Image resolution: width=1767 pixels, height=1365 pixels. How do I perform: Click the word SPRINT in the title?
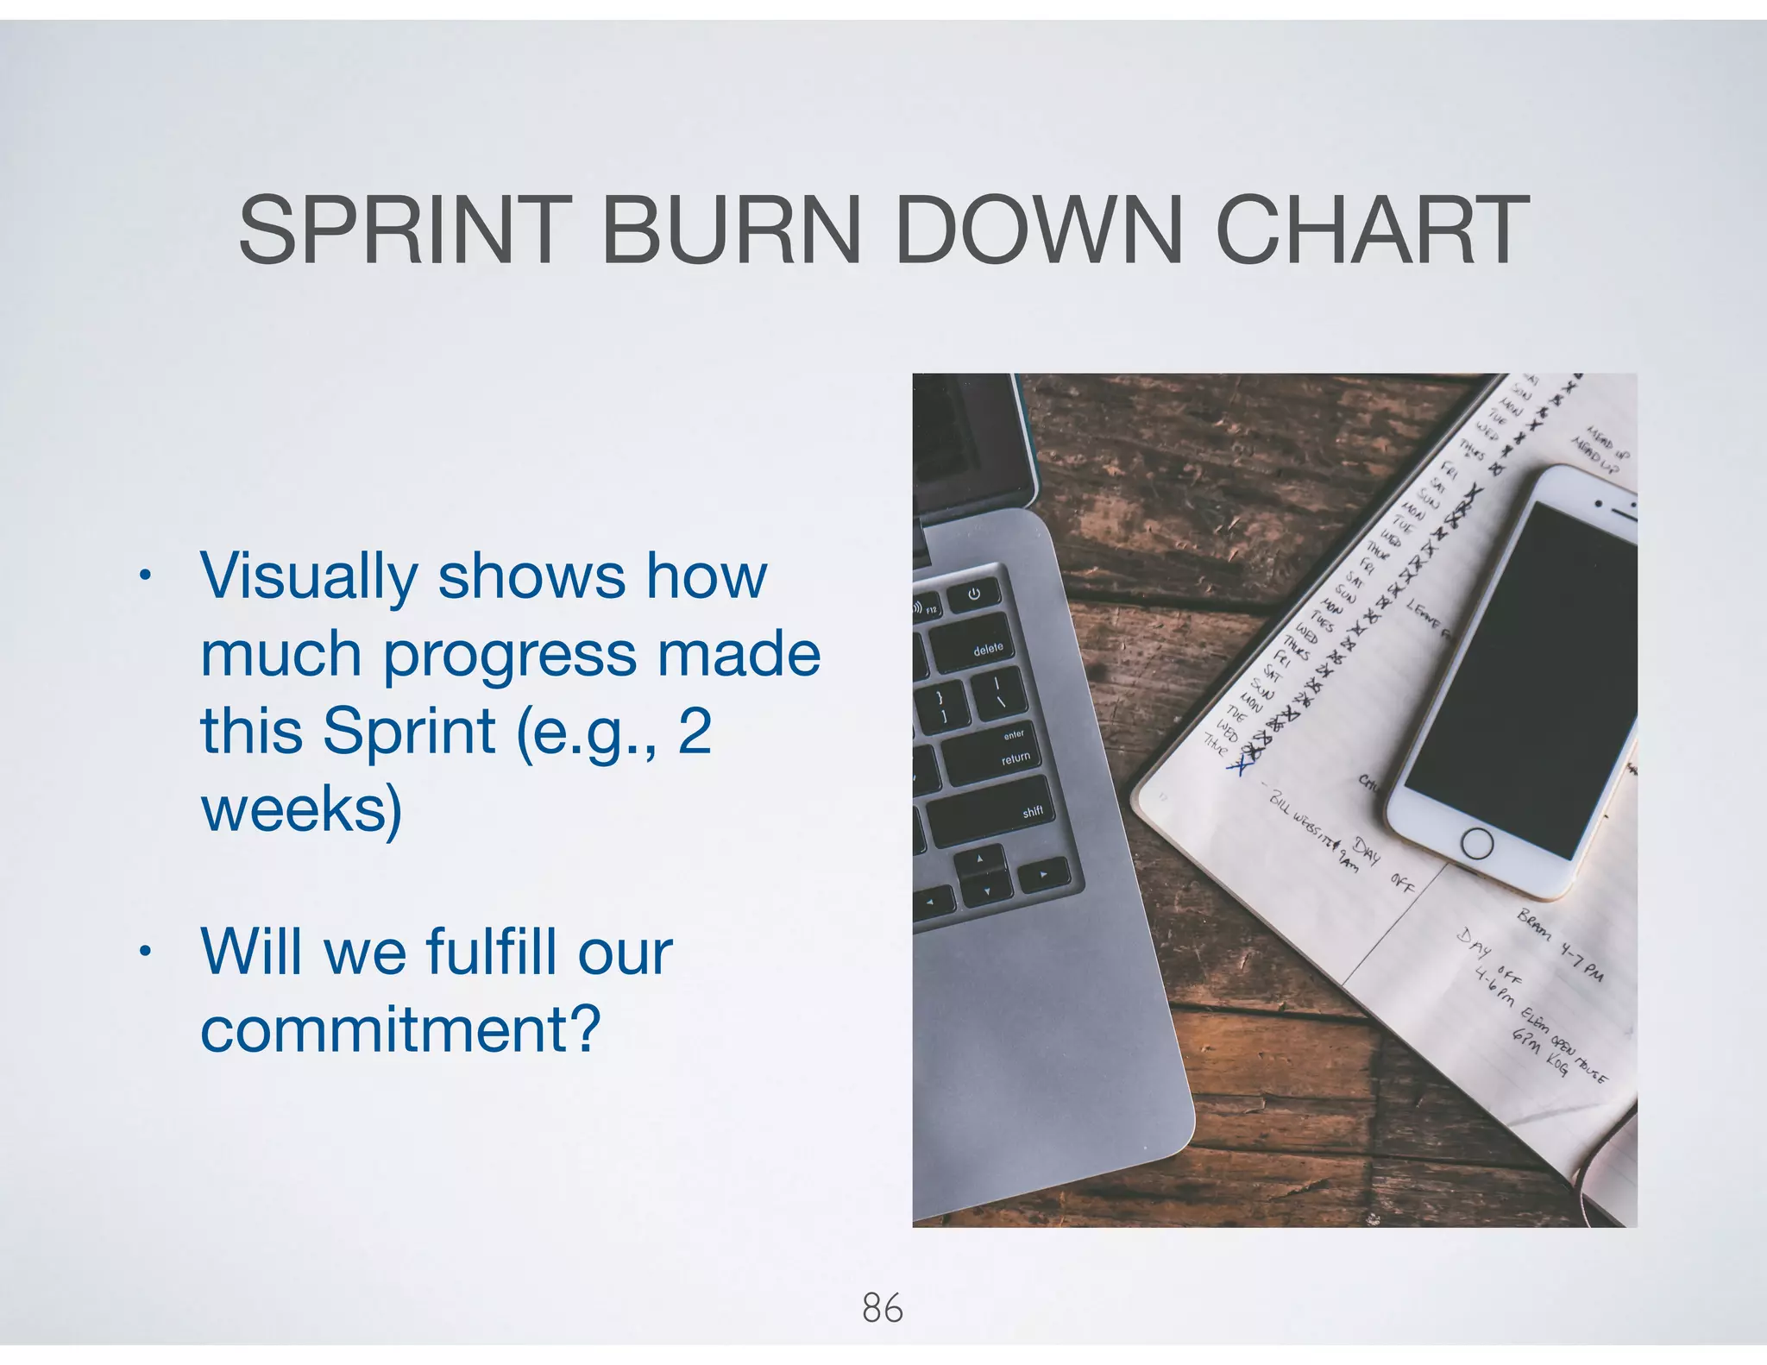(405, 230)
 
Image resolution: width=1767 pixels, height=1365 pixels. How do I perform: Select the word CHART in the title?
(1372, 230)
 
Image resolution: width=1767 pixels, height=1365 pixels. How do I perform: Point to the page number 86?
(883, 1309)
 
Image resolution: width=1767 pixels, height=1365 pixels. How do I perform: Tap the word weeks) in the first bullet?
(301, 809)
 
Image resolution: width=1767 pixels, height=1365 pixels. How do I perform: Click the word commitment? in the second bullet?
(400, 1028)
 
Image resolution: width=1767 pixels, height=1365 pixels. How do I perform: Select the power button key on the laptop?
(974, 594)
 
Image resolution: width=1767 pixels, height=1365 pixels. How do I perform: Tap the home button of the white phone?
(1476, 843)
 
